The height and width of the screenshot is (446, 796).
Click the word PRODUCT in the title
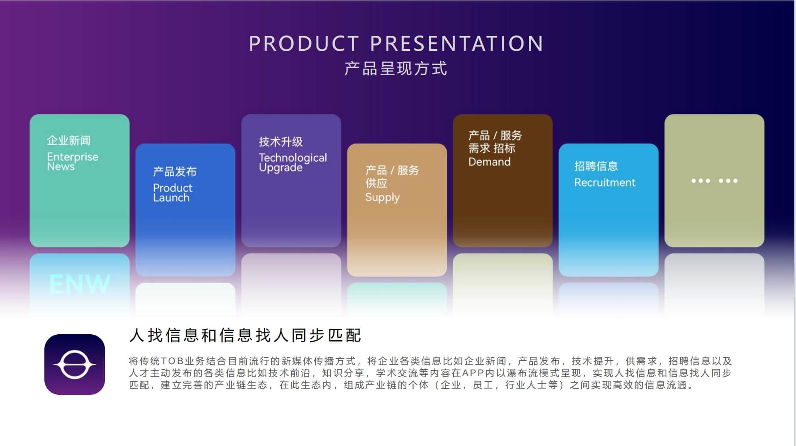click(304, 43)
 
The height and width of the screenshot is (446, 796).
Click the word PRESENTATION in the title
click(457, 43)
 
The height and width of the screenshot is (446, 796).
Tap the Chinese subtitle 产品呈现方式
click(396, 69)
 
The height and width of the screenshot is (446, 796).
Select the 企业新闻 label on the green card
click(69, 140)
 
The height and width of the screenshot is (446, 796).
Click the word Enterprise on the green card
click(73, 156)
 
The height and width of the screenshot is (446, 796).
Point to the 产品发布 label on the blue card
click(175, 172)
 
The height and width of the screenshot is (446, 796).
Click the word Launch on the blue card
click(171, 198)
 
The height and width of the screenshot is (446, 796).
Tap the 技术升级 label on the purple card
click(281, 142)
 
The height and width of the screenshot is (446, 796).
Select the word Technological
click(293, 157)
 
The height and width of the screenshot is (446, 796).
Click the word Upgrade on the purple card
click(280, 168)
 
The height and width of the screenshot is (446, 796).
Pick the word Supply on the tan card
click(382, 198)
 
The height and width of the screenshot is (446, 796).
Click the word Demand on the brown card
click(490, 162)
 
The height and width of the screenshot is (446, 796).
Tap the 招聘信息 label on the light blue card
click(596, 166)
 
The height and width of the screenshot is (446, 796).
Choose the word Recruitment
click(605, 182)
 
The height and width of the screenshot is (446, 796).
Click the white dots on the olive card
click(714, 181)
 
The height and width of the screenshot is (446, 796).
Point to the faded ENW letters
click(80, 284)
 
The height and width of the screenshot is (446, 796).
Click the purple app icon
click(75, 365)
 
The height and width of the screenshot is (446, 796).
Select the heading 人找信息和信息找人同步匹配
click(245, 336)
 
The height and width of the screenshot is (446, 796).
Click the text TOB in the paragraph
click(172, 362)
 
